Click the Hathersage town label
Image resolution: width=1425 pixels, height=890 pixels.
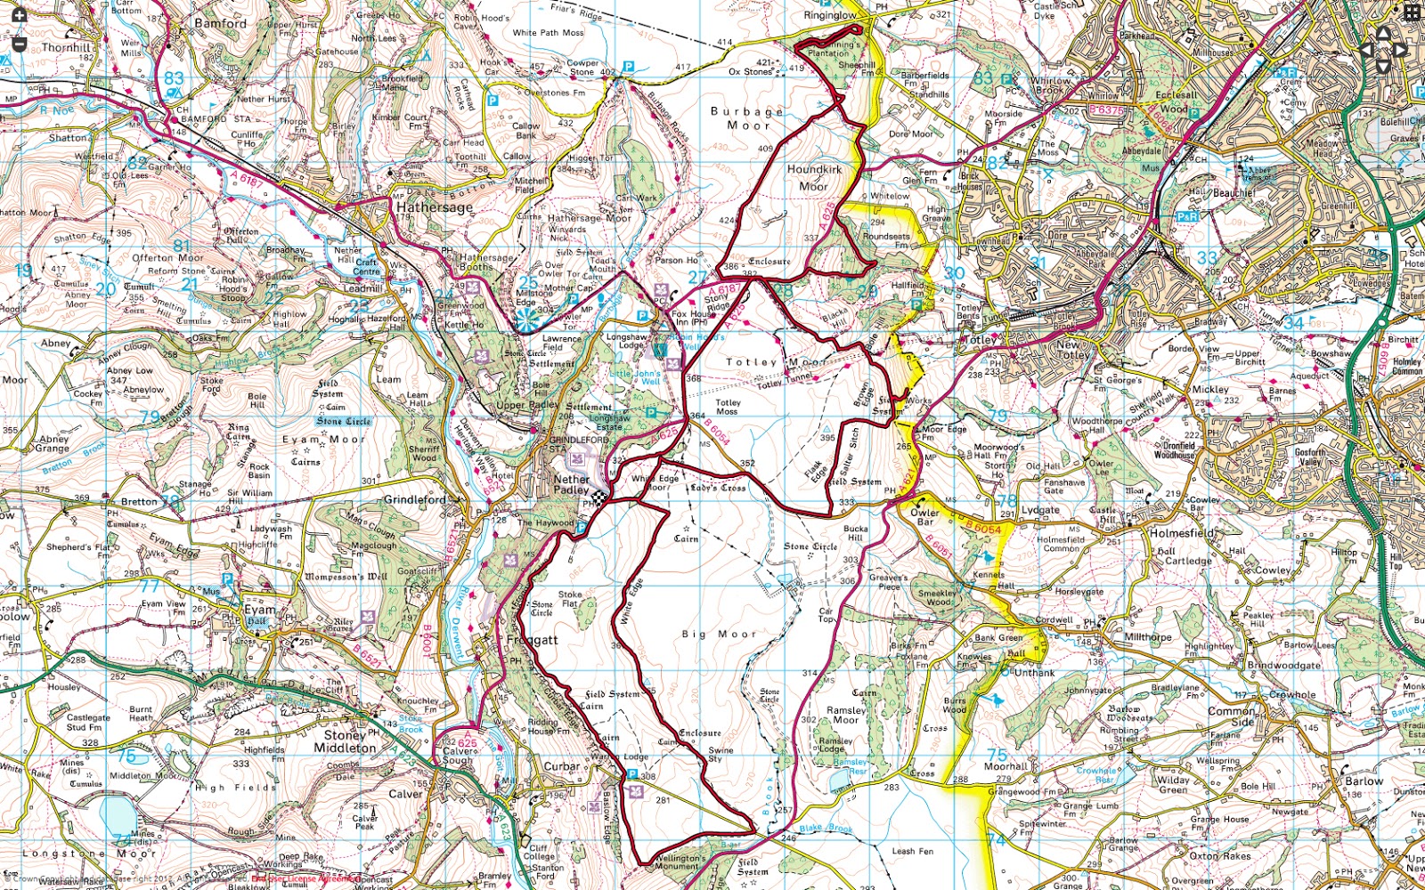(x=435, y=206)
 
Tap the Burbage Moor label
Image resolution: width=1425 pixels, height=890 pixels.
(x=747, y=118)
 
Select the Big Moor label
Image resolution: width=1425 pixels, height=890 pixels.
(x=719, y=634)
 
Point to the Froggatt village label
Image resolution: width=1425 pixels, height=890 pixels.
(x=532, y=640)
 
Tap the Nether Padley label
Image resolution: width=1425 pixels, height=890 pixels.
(x=571, y=484)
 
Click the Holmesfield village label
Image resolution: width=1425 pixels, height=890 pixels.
(x=1180, y=533)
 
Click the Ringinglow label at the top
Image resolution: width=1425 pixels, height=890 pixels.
(x=830, y=15)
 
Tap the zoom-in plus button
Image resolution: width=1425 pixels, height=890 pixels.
(x=19, y=15)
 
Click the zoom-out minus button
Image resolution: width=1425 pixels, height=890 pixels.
(x=19, y=43)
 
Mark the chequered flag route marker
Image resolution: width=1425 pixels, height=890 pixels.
(x=601, y=499)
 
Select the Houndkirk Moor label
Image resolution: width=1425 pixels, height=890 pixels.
(x=814, y=177)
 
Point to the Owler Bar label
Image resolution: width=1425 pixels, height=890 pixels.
(x=924, y=517)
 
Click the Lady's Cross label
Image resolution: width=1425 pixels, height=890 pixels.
(x=717, y=488)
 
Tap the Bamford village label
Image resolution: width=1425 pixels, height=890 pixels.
(x=220, y=23)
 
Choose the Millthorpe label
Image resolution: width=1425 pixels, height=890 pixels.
(x=1148, y=637)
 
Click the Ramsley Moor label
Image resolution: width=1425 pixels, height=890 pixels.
(x=846, y=715)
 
